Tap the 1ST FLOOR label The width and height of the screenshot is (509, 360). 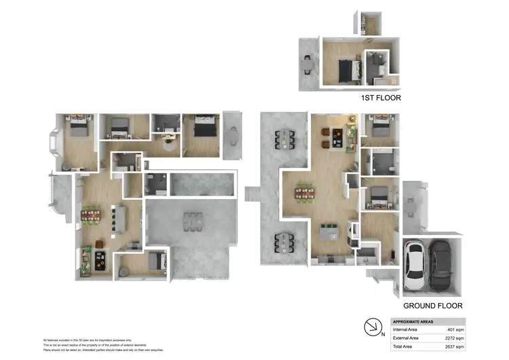(x=381, y=98)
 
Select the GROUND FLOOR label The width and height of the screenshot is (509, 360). (x=432, y=306)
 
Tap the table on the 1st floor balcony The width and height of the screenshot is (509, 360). (x=308, y=63)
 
